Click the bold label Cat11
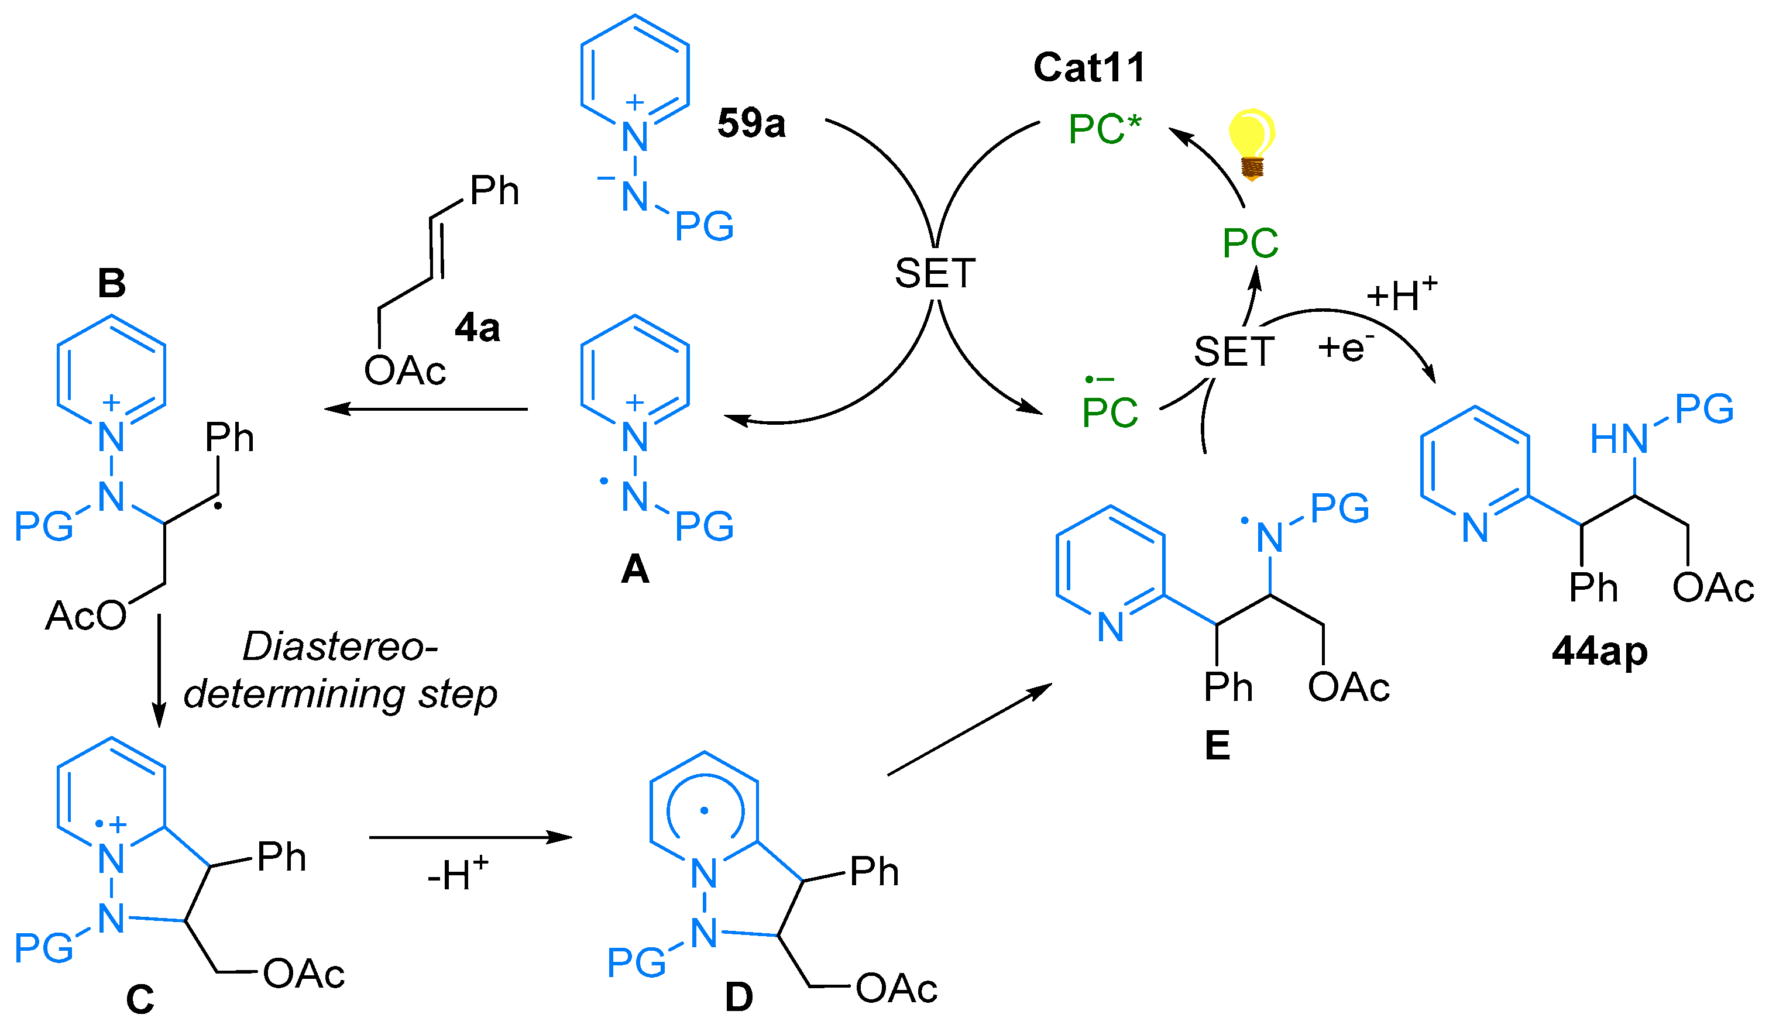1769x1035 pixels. click(x=1090, y=68)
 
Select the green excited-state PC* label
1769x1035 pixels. click(x=1104, y=130)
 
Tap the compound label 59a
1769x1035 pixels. click(x=751, y=123)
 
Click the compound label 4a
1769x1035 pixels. click(x=478, y=328)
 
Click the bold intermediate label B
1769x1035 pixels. click(x=112, y=284)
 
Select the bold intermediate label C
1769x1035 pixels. click(x=140, y=999)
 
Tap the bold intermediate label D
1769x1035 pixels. click(x=738, y=997)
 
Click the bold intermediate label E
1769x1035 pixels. click(x=1217, y=745)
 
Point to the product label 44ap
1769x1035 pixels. click(x=1599, y=651)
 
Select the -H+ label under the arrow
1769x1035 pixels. click(x=457, y=874)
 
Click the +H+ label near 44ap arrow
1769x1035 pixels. click(x=1401, y=294)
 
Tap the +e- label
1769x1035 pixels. click(x=1345, y=348)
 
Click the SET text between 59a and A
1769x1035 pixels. click(x=935, y=274)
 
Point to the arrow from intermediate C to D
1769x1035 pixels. click(x=470, y=837)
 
